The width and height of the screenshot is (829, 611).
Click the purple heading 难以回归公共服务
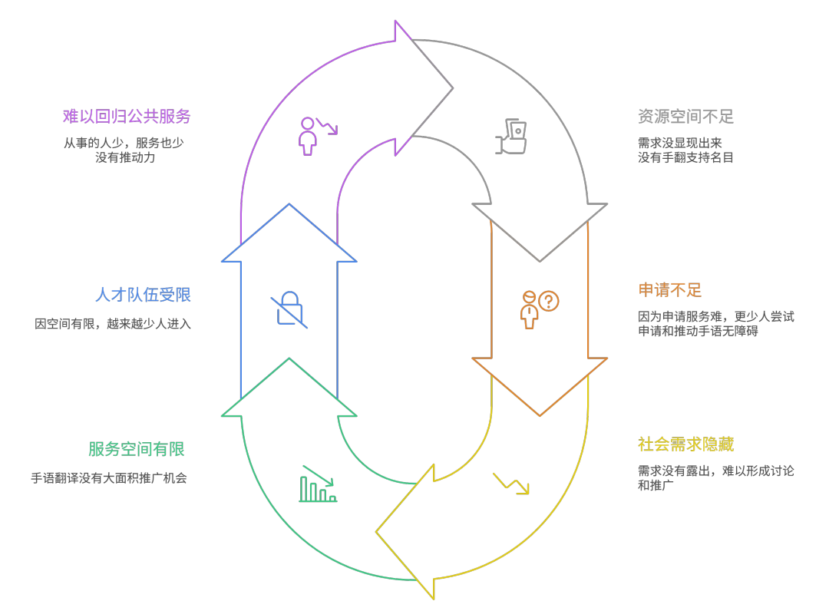point(127,117)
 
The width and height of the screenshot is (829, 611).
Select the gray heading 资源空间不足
point(685,117)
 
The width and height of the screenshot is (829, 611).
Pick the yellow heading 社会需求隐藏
point(685,444)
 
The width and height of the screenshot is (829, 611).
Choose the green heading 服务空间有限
point(137,449)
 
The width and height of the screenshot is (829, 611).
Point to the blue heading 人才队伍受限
point(143,295)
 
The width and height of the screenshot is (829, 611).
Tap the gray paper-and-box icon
point(512,137)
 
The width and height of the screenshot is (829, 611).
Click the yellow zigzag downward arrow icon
point(511,483)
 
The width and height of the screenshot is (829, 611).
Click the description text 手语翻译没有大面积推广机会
point(109,478)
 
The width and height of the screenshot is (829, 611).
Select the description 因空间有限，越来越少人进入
point(113,324)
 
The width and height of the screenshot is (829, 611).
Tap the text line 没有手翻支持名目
point(685,157)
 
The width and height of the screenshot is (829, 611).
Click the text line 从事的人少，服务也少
point(124,143)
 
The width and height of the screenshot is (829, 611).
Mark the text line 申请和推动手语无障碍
point(698,331)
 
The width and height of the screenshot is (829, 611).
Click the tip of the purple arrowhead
point(452,88)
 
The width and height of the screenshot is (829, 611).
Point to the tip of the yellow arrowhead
point(377,531)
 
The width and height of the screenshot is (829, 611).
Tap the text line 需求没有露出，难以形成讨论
point(715,471)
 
